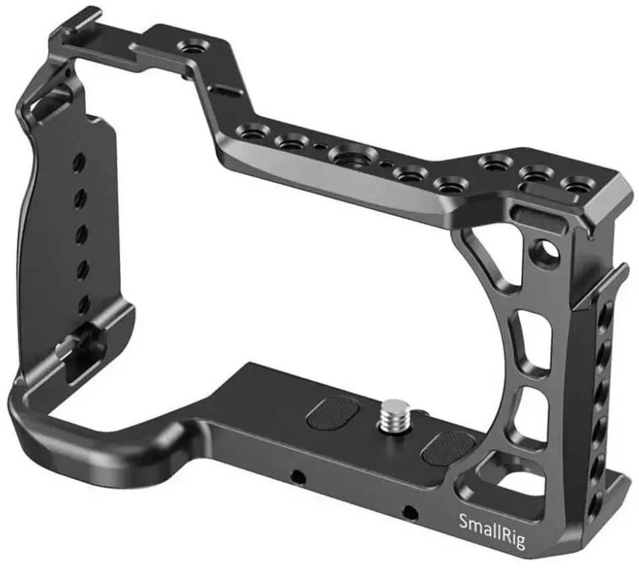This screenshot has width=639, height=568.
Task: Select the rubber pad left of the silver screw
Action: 334,413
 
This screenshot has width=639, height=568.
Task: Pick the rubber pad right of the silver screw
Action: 448,448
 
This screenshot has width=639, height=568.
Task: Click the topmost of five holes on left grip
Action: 79,160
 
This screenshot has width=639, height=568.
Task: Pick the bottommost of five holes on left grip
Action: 83,303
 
